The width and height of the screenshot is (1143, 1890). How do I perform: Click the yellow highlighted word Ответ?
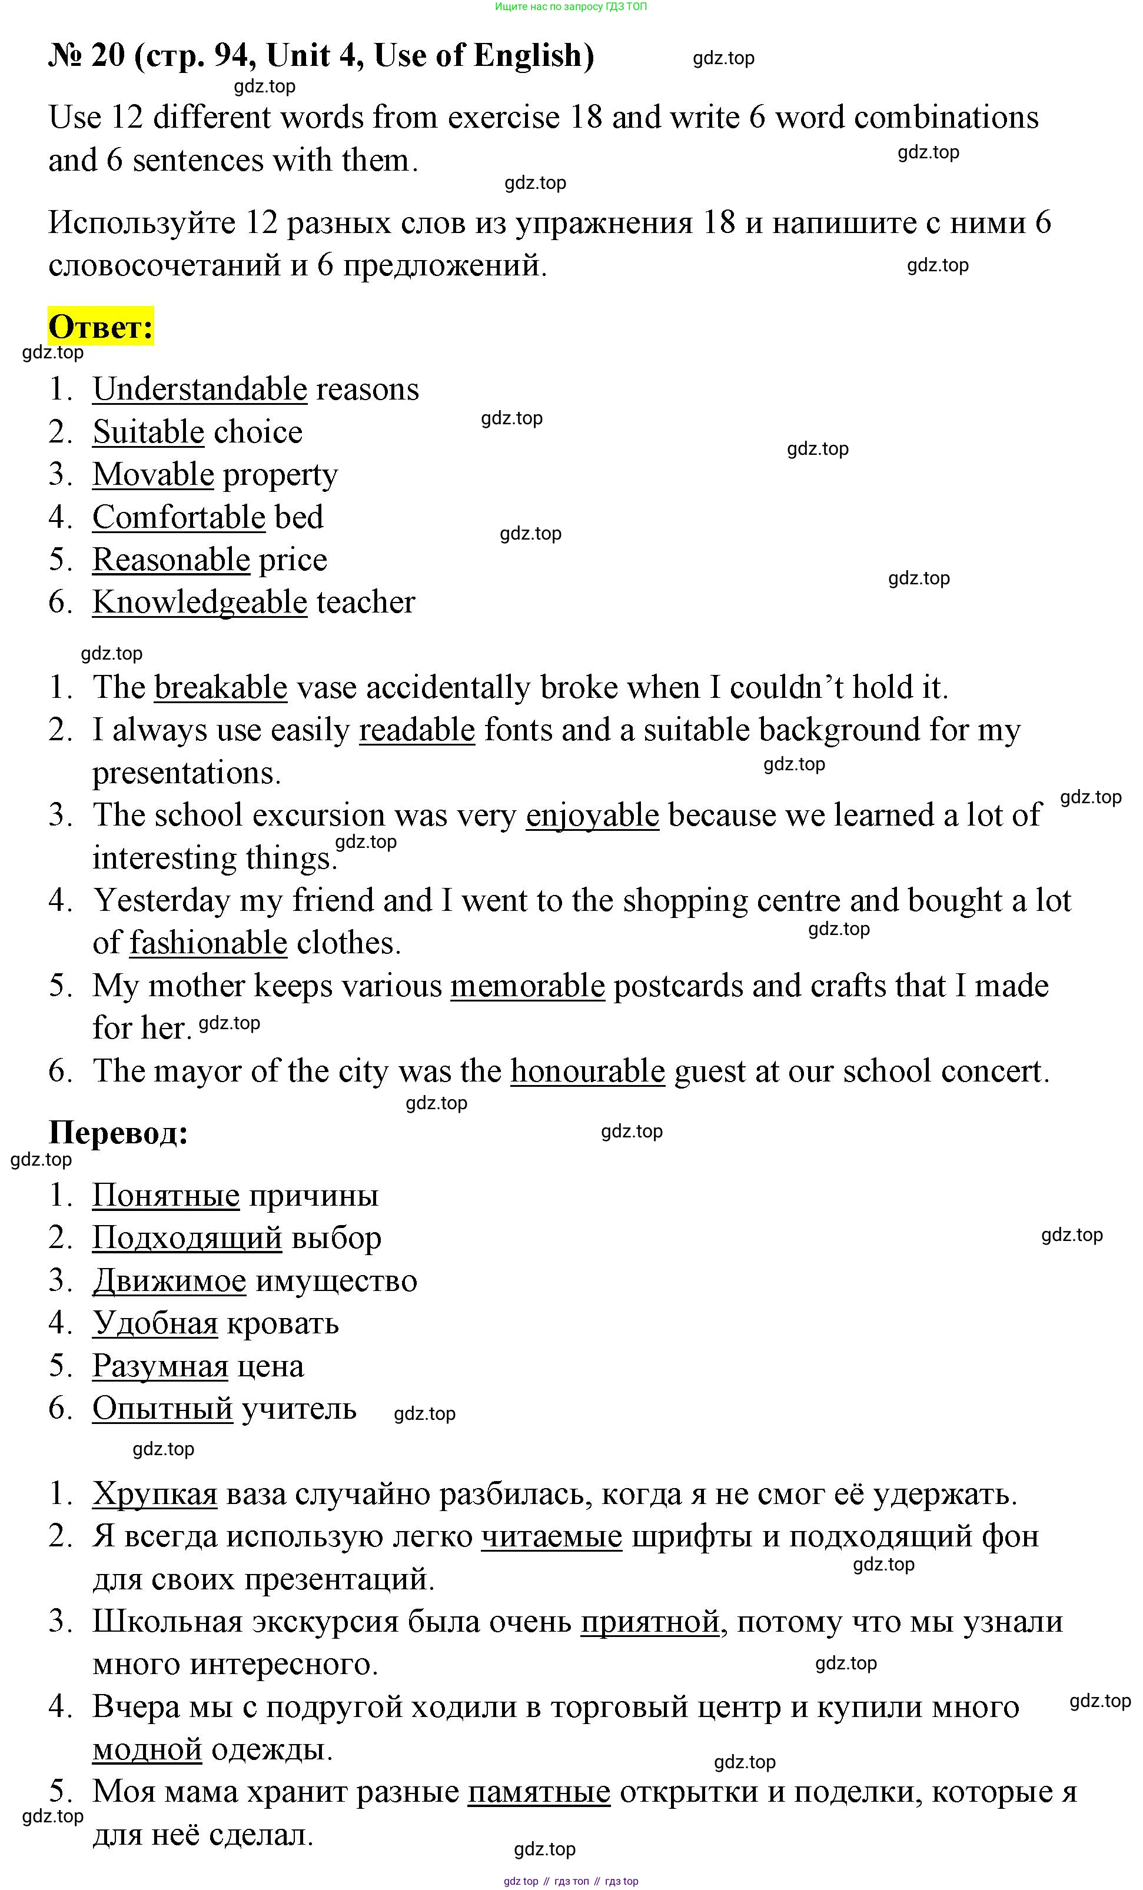coord(101,328)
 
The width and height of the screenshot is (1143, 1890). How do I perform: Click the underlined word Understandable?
coord(200,389)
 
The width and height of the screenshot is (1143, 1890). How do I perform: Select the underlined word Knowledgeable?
coord(200,602)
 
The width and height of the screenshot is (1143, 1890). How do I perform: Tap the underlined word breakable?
coord(221,687)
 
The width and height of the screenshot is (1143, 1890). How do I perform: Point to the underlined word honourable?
coord(587,1071)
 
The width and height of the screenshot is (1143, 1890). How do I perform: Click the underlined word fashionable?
coord(208,943)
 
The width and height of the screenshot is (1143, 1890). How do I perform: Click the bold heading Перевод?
coord(118,1132)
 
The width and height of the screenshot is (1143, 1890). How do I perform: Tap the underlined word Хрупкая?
coord(154,1493)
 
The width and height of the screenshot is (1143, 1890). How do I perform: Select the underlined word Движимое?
coord(169,1280)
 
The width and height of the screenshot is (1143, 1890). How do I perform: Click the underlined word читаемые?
coord(551,1536)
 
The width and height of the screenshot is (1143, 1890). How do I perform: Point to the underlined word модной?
coord(147,1749)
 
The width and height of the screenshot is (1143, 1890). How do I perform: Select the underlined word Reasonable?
coord(171,560)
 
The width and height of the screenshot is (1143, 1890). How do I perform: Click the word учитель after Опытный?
coord(298,1408)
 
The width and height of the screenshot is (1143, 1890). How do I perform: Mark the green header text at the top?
coord(571,6)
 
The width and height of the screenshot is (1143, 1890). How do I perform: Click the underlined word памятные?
coord(539,1792)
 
